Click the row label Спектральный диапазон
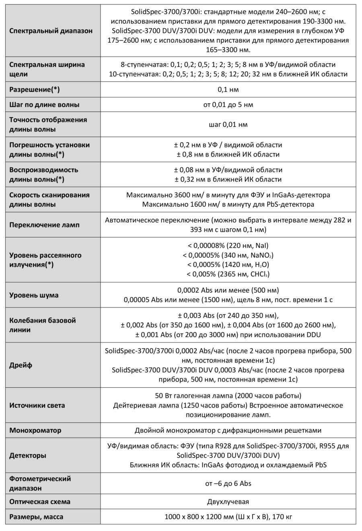coord(51,31)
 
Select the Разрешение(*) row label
coord(37,89)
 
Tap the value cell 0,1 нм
coord(228,89)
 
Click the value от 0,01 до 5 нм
coord(228,105)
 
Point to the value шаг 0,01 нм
coord(228,124)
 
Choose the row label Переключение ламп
coord(44,225)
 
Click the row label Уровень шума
coord(34,295)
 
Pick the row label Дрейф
coord(21,366)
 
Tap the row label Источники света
coord(37,405)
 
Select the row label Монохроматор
coord(35,430)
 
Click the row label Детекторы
coord(27,456)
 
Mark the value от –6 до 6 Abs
coord(228,483)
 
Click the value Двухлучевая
coord(228,502)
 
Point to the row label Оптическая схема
coord(40,502)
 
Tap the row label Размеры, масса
coord(36,517)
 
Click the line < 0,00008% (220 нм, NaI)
coord(228,245)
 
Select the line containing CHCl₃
coord(228,274)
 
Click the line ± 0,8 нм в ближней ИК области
coord(228,154)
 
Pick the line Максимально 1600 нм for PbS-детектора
coord(228,205)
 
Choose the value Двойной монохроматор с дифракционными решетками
coord(228,430)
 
